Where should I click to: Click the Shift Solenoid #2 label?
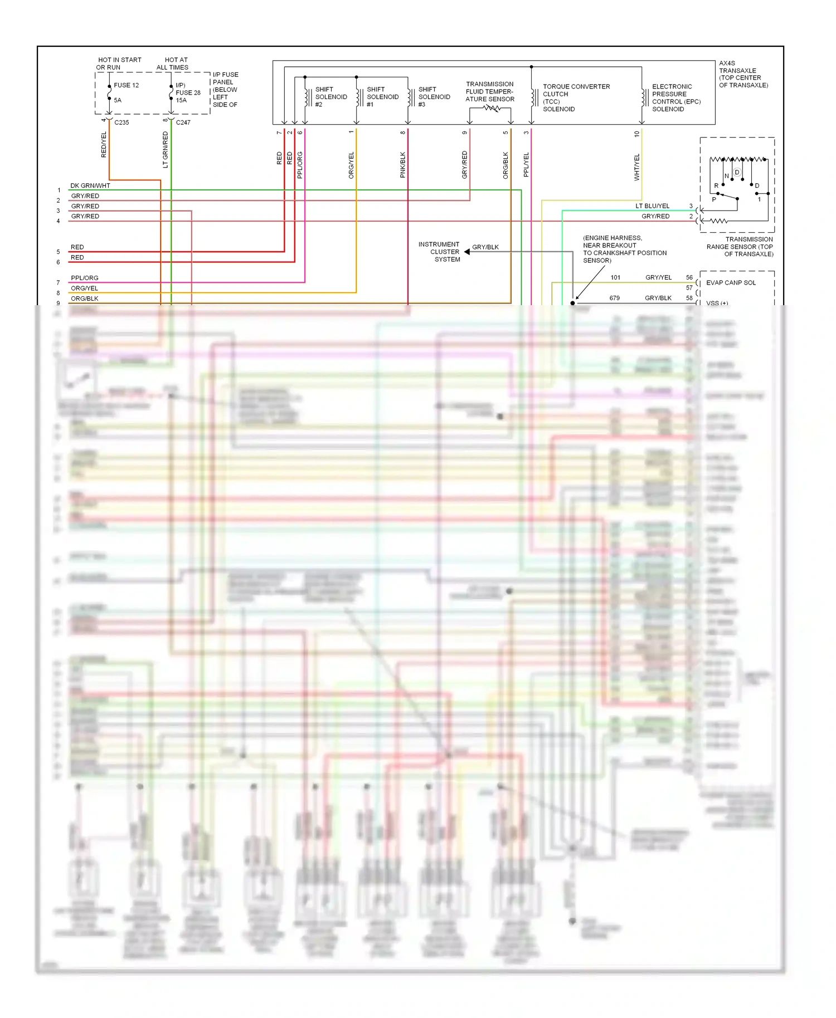click(330, 97)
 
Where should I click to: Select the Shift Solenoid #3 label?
click(434, 97)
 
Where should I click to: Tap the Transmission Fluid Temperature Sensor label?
click(490, 92)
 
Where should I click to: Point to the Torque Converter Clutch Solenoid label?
click(576, 98)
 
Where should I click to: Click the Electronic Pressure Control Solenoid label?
click(675, 98)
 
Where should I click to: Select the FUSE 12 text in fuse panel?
click(126, 85)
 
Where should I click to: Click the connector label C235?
click(121, 123)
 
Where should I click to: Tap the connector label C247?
click(183, 123)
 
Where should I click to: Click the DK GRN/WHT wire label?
click(90, 185)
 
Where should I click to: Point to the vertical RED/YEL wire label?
click(104, 145)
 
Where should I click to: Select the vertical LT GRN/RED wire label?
click(165, 150)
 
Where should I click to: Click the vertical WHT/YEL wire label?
click(637, 167)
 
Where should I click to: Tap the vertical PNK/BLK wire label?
click(403, 165)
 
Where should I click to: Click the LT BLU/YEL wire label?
click(652, 206)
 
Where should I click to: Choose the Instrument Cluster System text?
click(439, 252)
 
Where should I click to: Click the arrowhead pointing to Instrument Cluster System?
click(467, 252)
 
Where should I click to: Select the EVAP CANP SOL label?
click(731, 283)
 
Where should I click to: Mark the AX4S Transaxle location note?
click(743, 74)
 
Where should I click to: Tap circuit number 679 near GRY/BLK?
click(614, 298)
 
